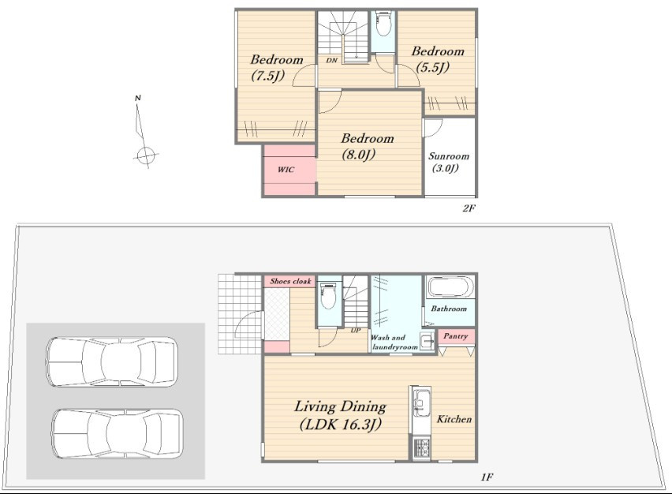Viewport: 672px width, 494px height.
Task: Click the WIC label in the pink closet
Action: coord(286,170)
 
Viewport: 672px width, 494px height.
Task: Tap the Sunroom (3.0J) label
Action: coord(448,162)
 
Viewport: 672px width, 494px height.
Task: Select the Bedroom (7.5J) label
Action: coord(276,68)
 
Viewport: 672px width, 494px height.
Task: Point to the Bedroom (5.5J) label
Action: coord(438,59)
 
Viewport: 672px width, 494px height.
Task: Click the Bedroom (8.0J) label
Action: coord(367,146)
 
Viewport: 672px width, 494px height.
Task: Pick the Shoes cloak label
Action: coord(290,281)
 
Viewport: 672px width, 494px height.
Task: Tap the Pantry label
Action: coord(455,335)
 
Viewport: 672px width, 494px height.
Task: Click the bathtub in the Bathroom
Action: coord(450,286)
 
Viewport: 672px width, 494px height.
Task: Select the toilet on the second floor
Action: coord(383,24)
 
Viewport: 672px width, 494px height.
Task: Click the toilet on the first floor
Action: coord(329,295)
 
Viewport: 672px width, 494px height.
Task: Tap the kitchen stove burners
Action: coord(421,448)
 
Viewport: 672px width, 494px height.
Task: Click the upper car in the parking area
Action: coord(112,361)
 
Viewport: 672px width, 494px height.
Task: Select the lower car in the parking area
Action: coord(118,433)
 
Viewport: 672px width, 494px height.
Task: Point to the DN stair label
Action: coord(332,61)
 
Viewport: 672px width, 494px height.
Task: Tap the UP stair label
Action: coord(355,330)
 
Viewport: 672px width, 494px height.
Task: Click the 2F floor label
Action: coord(469,208)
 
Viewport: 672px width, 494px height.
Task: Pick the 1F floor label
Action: coord(487,477)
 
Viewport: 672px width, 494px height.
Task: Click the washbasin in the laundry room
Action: coord(427,341)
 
